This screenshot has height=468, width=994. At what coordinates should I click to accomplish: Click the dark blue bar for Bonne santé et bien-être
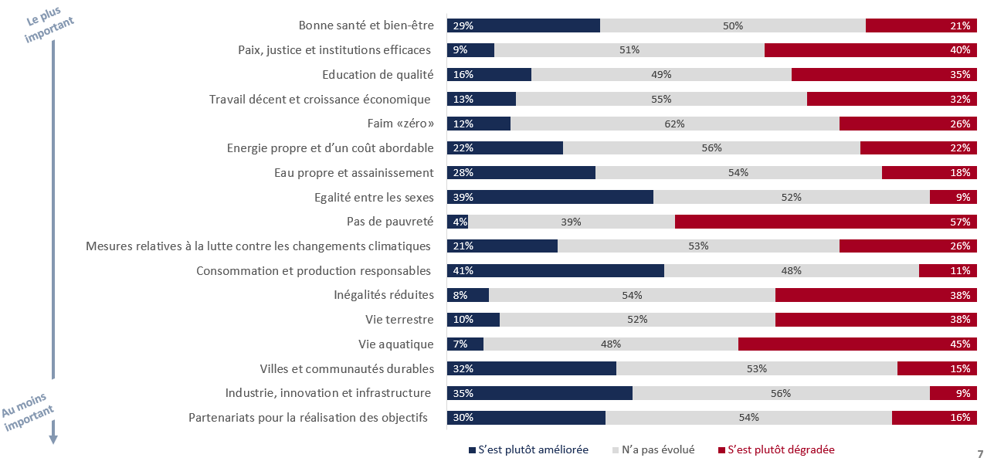[524, 25]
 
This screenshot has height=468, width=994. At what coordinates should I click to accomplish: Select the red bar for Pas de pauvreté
[826, 222]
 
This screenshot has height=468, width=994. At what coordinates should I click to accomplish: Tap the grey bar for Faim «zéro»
[674, 124]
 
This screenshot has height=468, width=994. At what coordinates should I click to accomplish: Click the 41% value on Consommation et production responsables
[463, 271]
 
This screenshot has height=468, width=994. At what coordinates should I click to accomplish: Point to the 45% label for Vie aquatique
[960, 344]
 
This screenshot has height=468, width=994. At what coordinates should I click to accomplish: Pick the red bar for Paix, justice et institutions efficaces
[870, 50]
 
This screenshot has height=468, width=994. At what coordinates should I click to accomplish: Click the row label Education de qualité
[378, 75]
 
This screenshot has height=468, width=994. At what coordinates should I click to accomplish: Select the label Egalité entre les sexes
[375, 197]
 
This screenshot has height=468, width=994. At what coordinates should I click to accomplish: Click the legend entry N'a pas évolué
[657, 449]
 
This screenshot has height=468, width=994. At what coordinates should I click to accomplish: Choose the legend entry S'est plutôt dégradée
[781, 449]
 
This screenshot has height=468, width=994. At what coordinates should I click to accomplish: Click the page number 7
[980, 453]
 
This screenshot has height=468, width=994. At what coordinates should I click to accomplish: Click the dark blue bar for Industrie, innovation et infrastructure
[540, 393]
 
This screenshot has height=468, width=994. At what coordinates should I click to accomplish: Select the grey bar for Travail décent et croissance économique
[661, 99]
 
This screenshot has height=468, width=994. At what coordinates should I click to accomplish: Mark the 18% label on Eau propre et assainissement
[960, 172]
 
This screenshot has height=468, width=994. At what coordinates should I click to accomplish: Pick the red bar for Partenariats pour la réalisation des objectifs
[935, 418]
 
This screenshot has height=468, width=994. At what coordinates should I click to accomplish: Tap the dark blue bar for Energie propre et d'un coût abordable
[505, 148]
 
